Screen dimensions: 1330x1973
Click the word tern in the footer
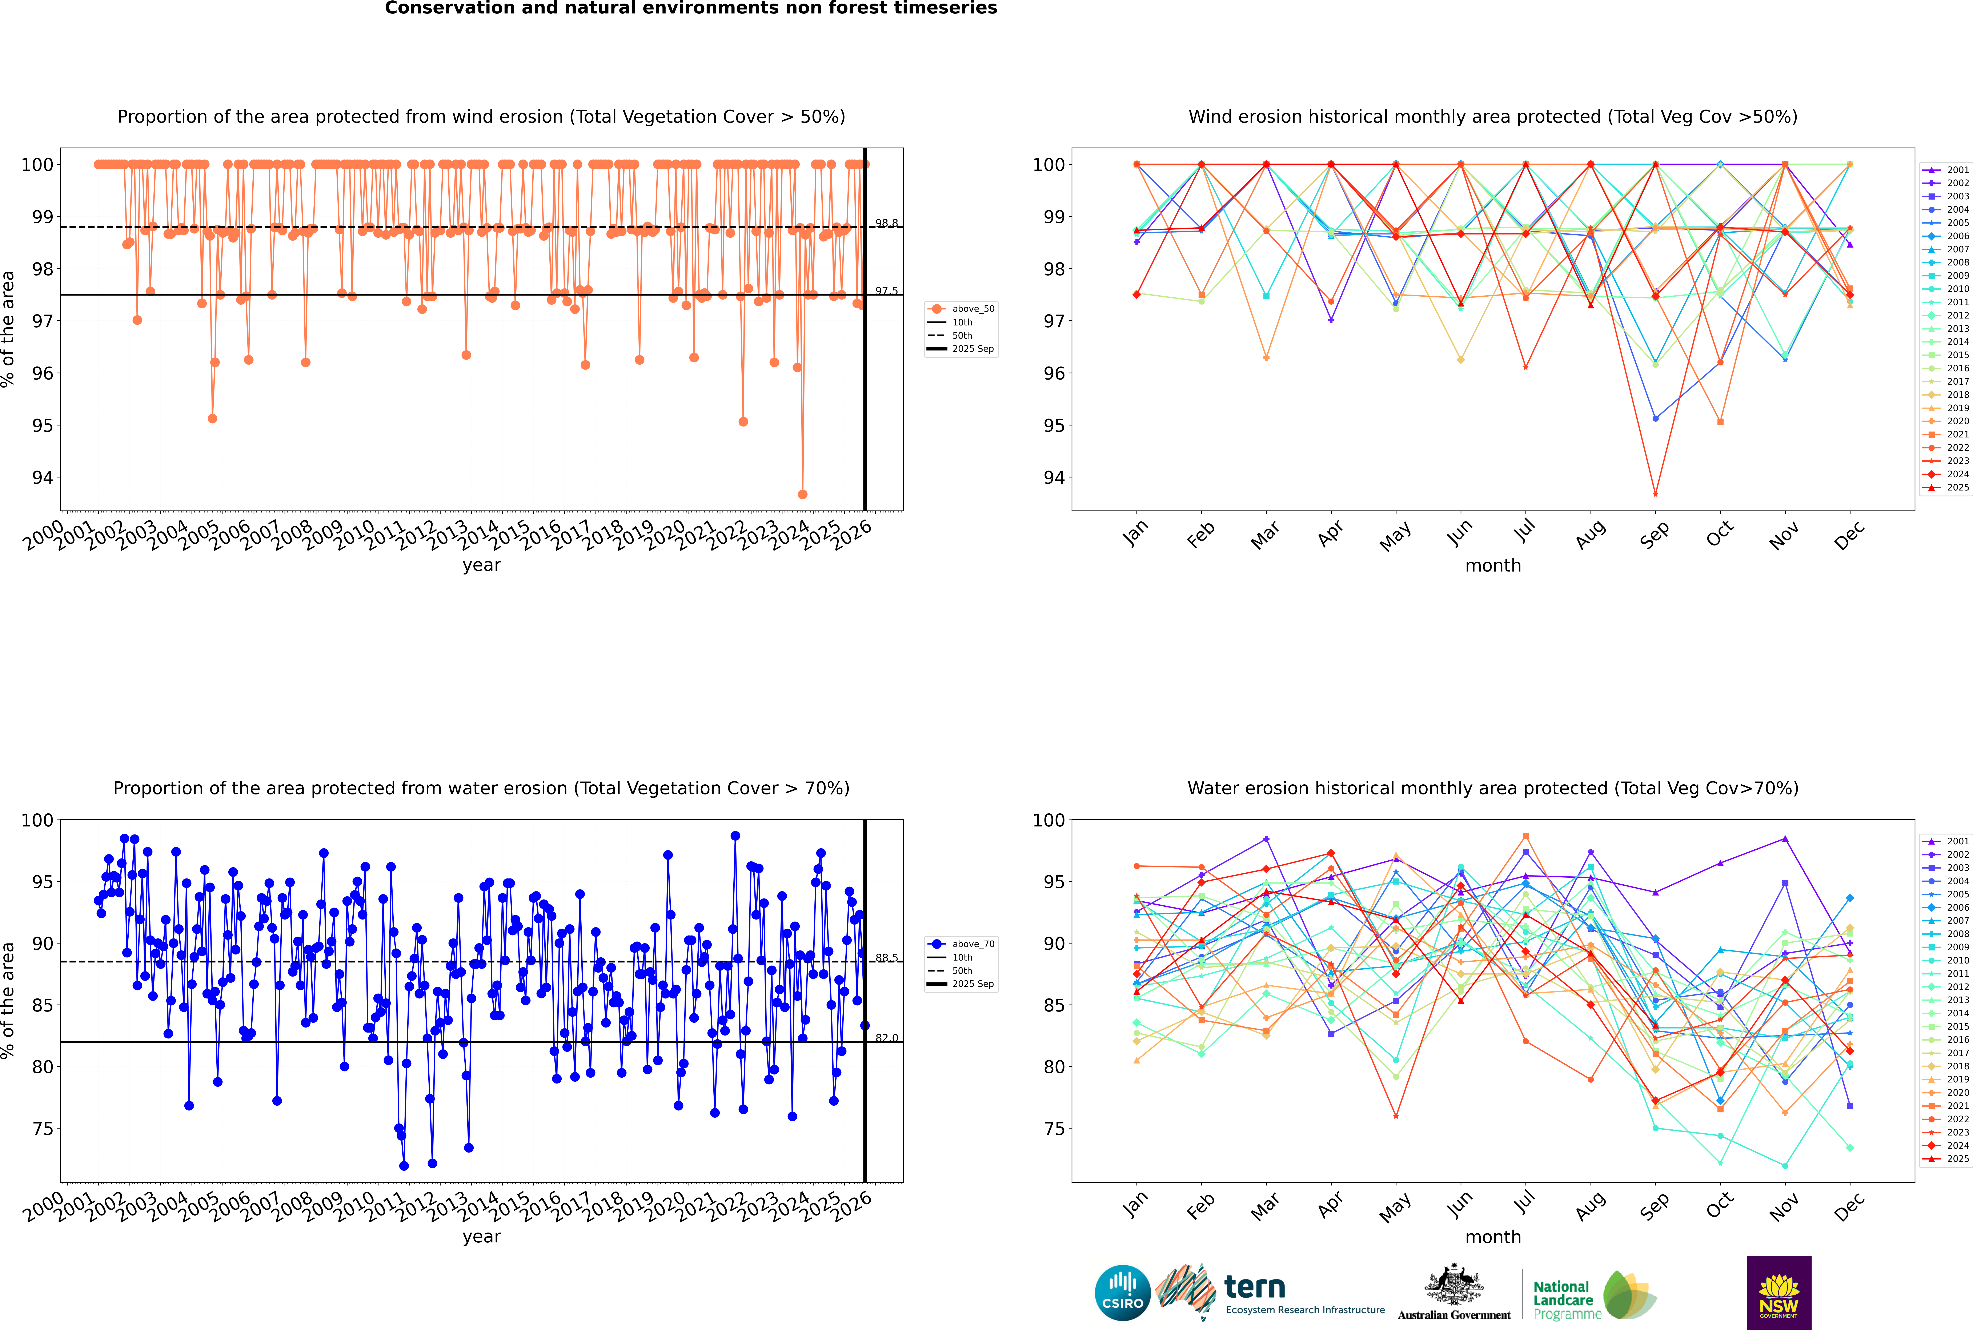click(x=1255, y=1288)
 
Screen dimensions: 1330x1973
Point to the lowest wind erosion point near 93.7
click(x=802, y=494)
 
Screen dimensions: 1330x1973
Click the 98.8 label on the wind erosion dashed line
click(x=886, y=223)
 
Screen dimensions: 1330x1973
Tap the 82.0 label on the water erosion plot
click(x=886, y=1037)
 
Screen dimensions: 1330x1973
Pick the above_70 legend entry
click(x=963, y=944)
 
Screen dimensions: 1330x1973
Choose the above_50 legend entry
click(x=963, y=309)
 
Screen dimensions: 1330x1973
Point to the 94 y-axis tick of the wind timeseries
click(x=42, y=478)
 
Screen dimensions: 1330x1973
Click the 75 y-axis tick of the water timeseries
click(x=42, y=1129)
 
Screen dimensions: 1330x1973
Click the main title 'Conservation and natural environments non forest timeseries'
click(x=690, y=8)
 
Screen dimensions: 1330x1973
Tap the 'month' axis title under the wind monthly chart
click(x=1493, y=566)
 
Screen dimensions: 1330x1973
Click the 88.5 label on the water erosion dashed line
click(x=886, y=958)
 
